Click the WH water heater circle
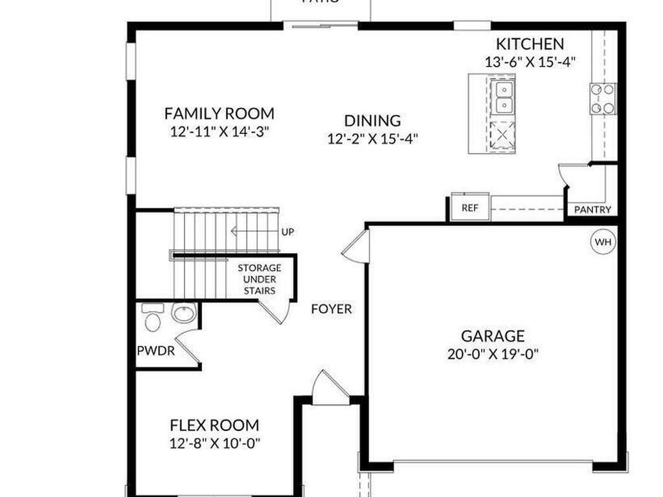click(603, 242)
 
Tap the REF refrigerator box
click(469, 208)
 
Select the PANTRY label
click(592, 210)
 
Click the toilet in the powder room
click(153, 318)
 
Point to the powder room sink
click(183, 314)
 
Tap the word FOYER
click(331, 309)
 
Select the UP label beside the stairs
click(288, 231)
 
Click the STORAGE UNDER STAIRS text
click(259, 279)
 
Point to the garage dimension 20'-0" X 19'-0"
click(493, 354)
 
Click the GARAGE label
click(493, 336)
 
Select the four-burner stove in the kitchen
click(603, 99)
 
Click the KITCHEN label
click(530, 44)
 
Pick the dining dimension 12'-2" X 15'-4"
click(372, 138)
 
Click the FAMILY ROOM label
click(219, 113)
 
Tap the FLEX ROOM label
click(214, 425)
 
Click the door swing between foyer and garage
click(357, 247)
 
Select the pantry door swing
click(573, 175)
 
